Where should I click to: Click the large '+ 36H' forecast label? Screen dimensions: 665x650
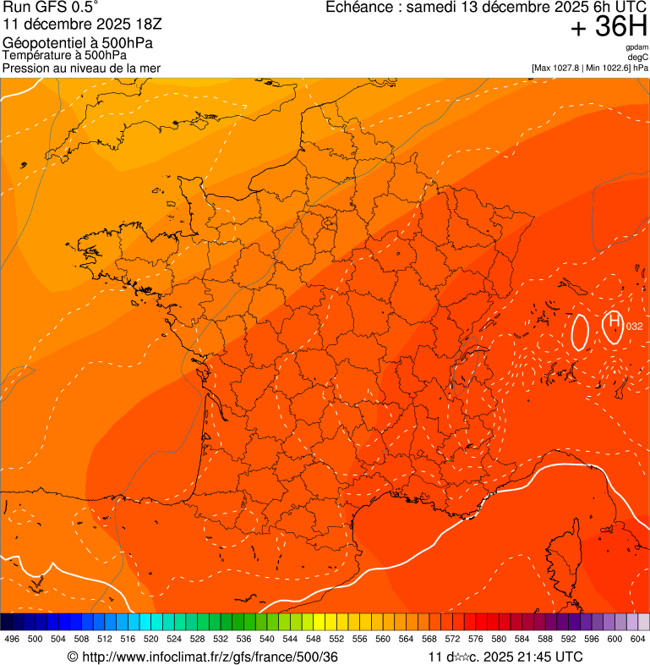609,27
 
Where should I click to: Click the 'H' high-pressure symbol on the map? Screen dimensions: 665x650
614,321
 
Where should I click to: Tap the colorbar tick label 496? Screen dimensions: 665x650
12,639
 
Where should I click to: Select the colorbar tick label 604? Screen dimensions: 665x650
637,639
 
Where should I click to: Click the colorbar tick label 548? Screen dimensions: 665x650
313,639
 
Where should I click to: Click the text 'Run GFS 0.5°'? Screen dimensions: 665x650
51,8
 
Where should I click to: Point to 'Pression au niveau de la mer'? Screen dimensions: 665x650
81,68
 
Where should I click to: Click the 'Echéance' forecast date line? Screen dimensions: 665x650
487,8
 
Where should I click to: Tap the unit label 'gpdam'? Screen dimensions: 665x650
637,47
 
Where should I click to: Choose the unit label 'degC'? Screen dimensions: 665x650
639,57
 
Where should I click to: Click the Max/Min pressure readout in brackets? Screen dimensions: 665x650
590,67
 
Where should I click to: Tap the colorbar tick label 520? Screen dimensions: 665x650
151,639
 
